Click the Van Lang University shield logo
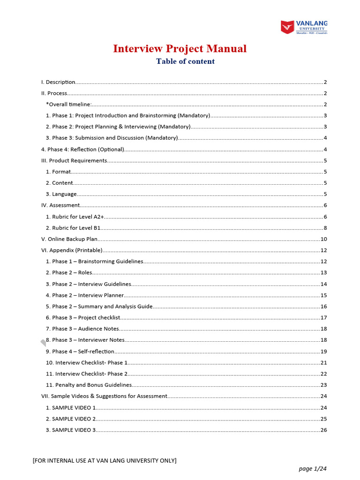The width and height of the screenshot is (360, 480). pyautogui.click(x=287, y=27)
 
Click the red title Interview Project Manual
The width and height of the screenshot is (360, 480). pyautogui.click(x=180, y=49)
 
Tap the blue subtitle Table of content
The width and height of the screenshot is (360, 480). pyautogui.click(x=185, y=61)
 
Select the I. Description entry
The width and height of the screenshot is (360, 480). pyautogui.click(x=58, y=82)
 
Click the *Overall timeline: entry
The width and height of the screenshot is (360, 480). pyautogui.click(x=69, y=105)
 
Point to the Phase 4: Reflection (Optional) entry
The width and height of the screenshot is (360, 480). pyautogui.click(x=82, y=150)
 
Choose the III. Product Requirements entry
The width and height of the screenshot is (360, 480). pyautogui.click(x=74, y=161)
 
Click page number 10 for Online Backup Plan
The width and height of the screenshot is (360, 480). pyautogui.click(x=323, y=239)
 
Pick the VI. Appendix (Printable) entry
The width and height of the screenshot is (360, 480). pyautogui.click(x=72, y=250)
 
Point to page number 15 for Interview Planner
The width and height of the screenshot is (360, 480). pyautogui.click(x=323, y=295)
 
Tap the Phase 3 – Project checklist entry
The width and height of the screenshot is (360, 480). pyautogui.click(x=83, y=318)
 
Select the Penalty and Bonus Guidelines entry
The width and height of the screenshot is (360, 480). pyautogui.click(x=89, y=385)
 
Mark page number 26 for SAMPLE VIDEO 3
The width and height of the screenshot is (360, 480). pyautogui.click(x=323, y=430)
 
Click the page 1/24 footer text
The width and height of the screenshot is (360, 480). pyautogui.click(x=311, y=468)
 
